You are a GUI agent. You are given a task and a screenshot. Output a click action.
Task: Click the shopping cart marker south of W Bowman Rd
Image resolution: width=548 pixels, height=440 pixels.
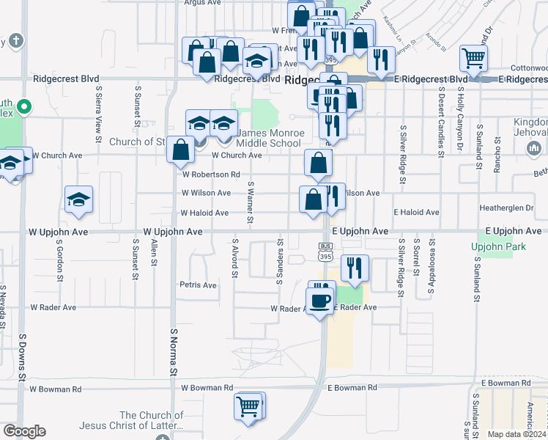pyautogui.click(x=248, y=406)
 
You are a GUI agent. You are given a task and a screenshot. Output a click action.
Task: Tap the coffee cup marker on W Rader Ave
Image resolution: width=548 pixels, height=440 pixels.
pyautogui.click(x=319, y=301)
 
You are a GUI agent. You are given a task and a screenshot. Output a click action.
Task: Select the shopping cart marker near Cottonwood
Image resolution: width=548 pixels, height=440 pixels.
pyautogui.click(x=474, y=59)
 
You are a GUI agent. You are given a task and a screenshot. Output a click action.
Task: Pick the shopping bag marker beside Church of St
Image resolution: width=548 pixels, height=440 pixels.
pyautogui.click(x=180, y=150)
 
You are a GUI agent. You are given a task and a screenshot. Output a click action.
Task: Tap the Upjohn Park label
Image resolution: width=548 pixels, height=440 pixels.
pyautogui.click(x=500, y=247)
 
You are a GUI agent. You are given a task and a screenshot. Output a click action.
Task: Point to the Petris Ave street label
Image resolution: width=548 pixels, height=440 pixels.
pyautogui.click(x=198, y=285)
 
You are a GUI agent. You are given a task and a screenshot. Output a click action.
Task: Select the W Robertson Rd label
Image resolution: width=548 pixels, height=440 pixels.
pyautogui.click(x=211, y=175)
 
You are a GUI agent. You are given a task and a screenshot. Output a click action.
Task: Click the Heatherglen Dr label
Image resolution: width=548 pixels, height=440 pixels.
pyautogui.click(x=506, y=208)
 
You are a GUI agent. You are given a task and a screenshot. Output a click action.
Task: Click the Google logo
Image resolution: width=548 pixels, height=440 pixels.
pyautogui.click(x=24, y=431)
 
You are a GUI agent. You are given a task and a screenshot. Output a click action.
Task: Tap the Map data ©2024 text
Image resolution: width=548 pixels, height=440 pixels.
pyautogui.click(x=517, y=434)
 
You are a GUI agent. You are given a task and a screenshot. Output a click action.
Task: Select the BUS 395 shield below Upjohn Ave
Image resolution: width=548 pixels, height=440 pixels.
pyautogui.click(x=325, y=250)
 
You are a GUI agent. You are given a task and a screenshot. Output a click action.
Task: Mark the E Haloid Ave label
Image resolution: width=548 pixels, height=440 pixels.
pyautogui.click(x=416, y=213)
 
